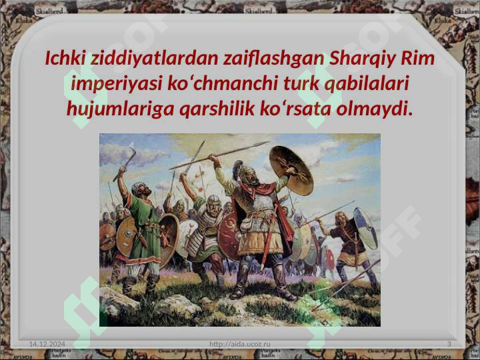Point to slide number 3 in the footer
(x=449, y=343)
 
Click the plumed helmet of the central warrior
(x=242, y=171)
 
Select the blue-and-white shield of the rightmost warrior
(x=364, y=227)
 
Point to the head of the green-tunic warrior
(x=139, y=189)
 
